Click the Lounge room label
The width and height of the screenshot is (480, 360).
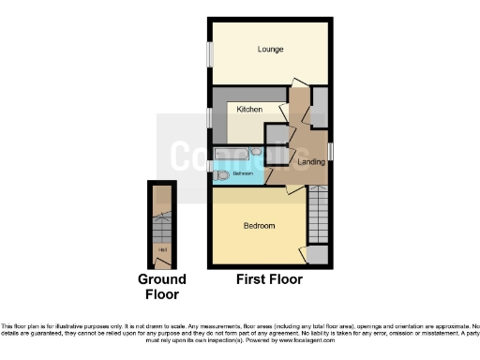pyautogui.click(x=271, y=50)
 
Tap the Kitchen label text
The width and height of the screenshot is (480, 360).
pyautogui.click(x=248, y=110)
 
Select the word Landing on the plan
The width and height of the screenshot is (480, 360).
pyautogui.click(x=311, y=162)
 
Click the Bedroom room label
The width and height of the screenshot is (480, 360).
pyautogui.click(x=259, y=226)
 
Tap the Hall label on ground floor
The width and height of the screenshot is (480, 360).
pyautogui.click(x=163, y=250)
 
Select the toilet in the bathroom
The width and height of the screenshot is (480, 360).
pyautogui.click(x=221, y=173)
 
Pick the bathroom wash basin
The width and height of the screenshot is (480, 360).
pyautogui.click(x=256, y=152)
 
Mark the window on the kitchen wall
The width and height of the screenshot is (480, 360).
pyautogui.click(x=208, y=119)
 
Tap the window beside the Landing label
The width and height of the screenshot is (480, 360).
pyautogui.click(x=331, y=152)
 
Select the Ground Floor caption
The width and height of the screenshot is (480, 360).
pyautogui.click(x=162, y=287)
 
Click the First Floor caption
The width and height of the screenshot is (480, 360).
pyautogui.click(x=270, y=279)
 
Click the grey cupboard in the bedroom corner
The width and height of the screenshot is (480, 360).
pyautogui.click(x=319, y=253)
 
